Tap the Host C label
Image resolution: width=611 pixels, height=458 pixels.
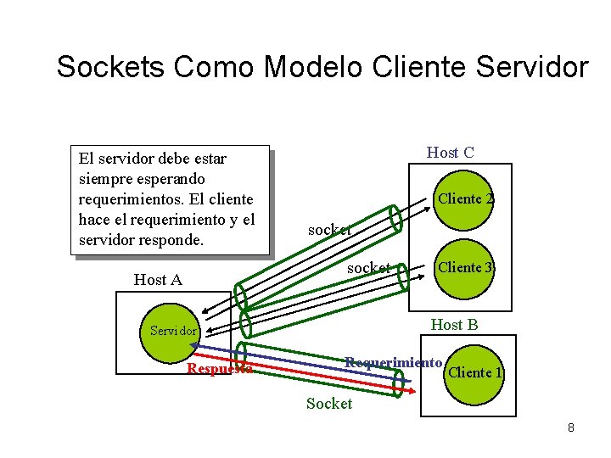(x=450, y=153)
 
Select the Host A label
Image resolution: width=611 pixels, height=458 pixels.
(x=158, y=279)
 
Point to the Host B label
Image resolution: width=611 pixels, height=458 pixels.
(x=454, y=325)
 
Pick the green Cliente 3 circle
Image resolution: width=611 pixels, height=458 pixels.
(x=464, y=268)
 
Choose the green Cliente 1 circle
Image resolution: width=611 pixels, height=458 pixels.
(x=474, y=372)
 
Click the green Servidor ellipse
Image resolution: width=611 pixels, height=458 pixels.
(x=173, y=331)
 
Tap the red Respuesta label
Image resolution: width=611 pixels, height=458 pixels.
(x=219, y=369)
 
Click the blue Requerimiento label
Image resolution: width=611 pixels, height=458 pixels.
(x=393, y=363)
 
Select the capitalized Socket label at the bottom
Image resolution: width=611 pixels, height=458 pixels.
(x=328, y=404)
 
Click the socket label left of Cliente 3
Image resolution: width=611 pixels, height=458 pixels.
(x=369, y=268)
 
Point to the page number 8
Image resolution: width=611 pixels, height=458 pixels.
(x=571, y=427)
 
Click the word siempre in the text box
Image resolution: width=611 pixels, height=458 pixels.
(x=104, y=179)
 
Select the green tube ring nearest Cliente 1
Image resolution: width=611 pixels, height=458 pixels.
(x=399, y=383)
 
